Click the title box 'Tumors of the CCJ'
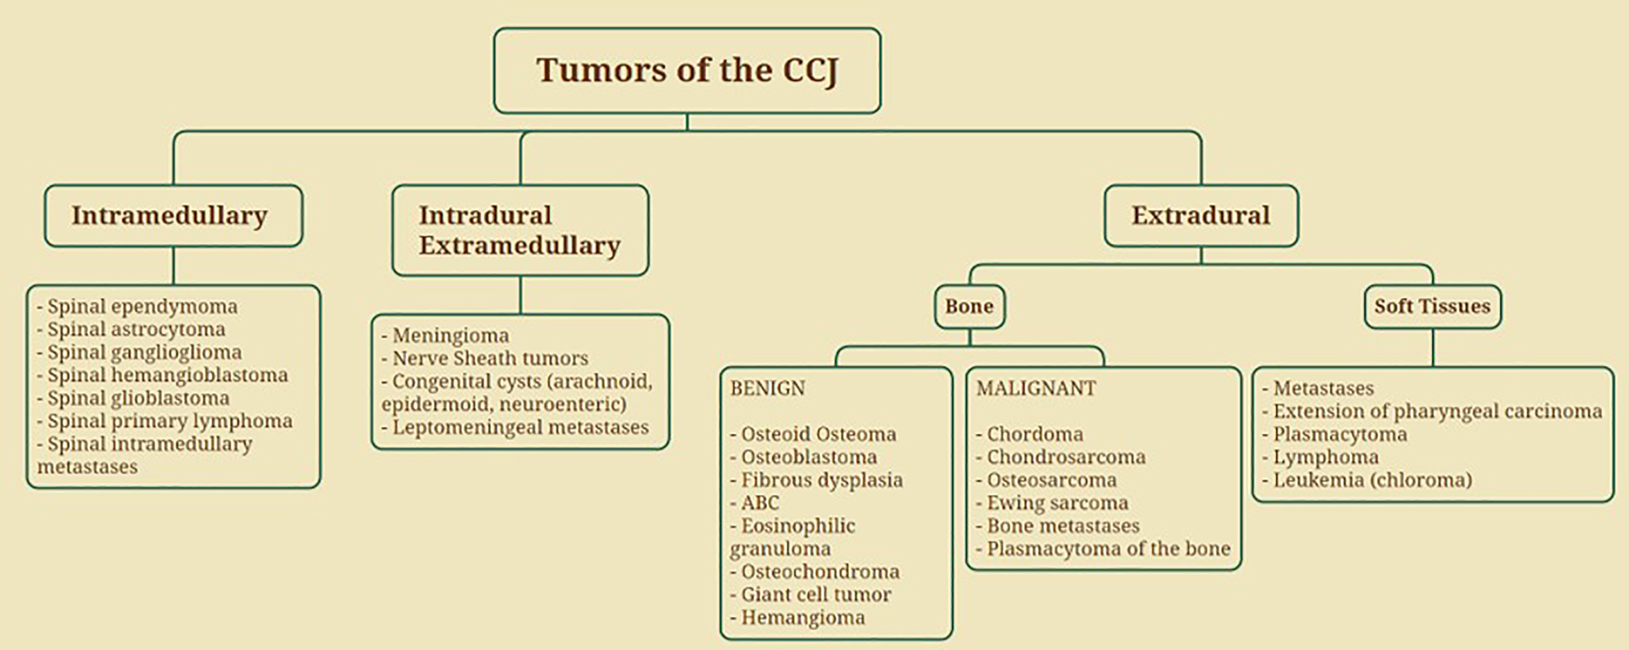coord(687,70)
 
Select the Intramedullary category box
coord(173,215)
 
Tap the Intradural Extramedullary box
coord(520,230)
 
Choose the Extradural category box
coord(1201,215)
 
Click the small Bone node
coord(969,307)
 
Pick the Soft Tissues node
coord(1432,307)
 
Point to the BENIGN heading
coord(767,388)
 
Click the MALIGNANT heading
coord(1036,388)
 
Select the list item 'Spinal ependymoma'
coord(137,307)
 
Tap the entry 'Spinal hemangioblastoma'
coord(163,375)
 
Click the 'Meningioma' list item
coord(445,336)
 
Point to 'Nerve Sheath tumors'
coord(485,359)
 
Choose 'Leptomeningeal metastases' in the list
coord(515,428)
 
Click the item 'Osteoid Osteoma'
coord(813,434)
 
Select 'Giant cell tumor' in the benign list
coord(811,595)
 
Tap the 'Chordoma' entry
coord(1029,434)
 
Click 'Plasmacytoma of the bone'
coord(1103,549)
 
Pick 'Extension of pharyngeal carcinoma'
coord(1432,412)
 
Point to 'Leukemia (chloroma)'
coord(1367,480)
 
